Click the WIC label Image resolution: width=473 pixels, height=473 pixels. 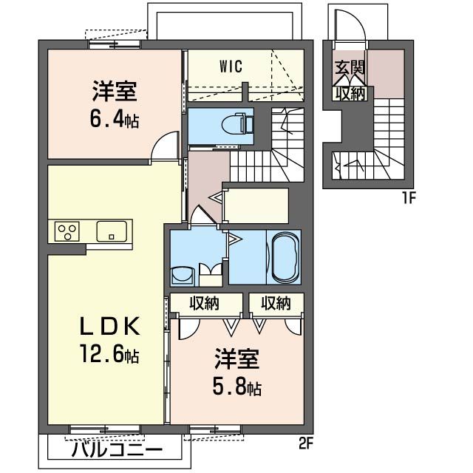click(x=231, y=67)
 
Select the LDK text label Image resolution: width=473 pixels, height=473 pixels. click(x=109, y=326)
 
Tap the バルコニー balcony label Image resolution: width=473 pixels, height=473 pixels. click(x=117, y=450)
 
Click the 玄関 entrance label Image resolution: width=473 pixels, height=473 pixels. click(x=350, y=68)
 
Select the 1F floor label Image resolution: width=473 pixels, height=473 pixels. click(x=409, y=198)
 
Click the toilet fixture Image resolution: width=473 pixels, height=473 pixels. click(x=237, y=123)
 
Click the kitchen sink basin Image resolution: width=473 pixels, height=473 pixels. click(x=112, y=231)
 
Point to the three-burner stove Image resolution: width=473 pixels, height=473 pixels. click(x=67, y=231)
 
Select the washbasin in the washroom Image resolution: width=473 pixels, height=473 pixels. click(x=182, y=275)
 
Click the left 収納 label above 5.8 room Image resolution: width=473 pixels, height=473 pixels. click(x=204, y=303)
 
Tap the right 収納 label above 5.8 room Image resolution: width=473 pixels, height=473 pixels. click(x=276, y=303)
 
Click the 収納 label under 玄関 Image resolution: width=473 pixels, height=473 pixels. click(x=350, y=94)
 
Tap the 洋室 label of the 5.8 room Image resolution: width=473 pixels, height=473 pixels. click(x=236, y=359)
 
